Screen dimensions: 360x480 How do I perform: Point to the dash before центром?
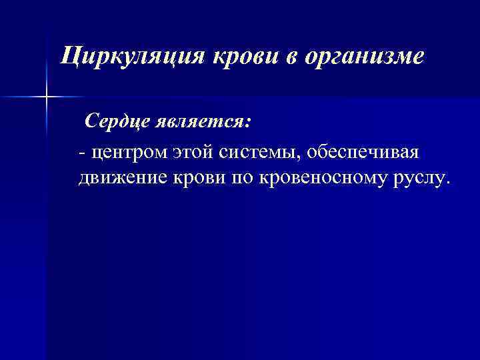[81, 154]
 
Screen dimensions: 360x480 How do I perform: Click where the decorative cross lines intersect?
[47, 97]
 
